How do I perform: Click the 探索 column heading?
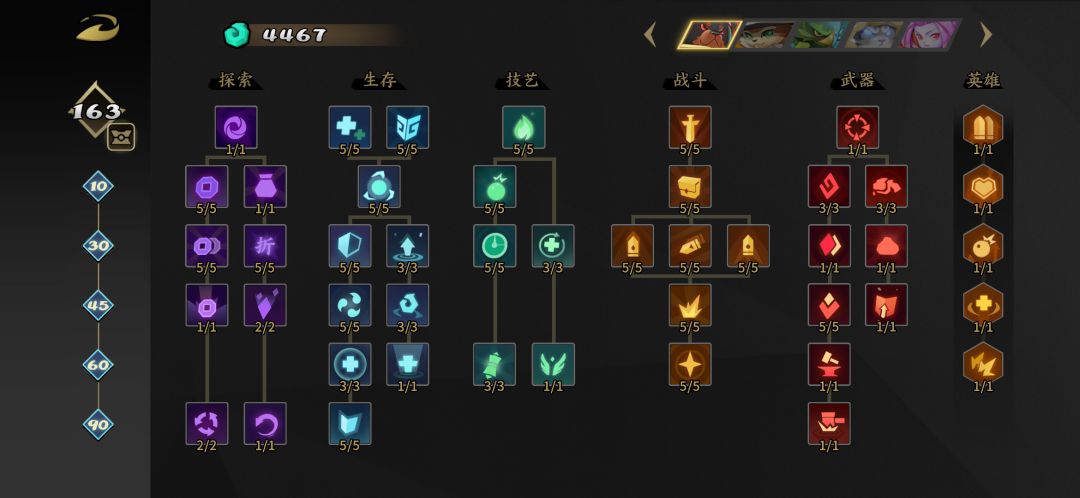tap(236, 80)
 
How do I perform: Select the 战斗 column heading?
tap(690, 80)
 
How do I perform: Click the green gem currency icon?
tap(237, 34)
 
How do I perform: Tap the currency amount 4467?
tap(294, 35)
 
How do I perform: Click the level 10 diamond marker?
tap(98, 186)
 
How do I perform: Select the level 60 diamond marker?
tap(98, 365)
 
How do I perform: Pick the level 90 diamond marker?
tap(98, 424)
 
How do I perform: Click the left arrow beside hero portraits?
tap(650, 34)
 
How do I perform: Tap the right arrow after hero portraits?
tap(986, 34)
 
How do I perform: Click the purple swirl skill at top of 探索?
tap(236, 127)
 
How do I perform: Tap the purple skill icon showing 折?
tap(265, 245)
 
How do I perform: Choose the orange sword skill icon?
tap(690, 127)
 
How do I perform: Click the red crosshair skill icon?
tap(858, 127)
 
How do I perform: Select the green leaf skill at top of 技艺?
tap(523, 127)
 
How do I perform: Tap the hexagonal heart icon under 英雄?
tap(983, 186)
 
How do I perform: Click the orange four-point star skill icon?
tap(690, 364)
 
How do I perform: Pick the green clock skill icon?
tap(495, 245)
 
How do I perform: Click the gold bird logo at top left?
tap(98, 28)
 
